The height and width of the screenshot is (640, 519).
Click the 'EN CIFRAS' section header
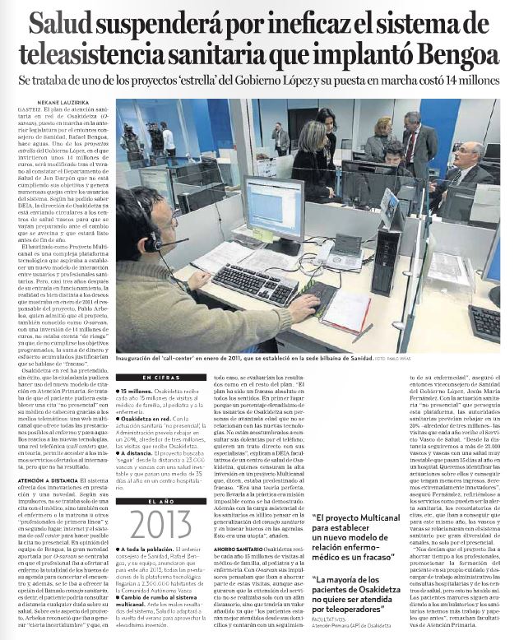pos(155,378)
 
